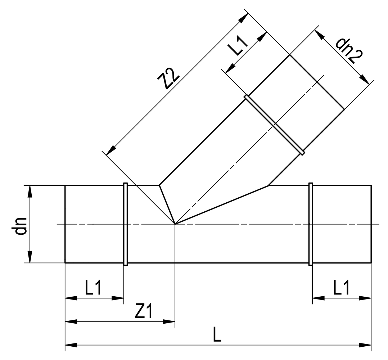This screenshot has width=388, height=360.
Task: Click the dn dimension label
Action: pyautogui.click(x=21, y=226)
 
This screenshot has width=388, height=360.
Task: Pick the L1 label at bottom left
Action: pyautogui.click(x=93, y=288)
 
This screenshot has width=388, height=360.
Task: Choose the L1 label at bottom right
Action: pyautogui.click(x=341, y=288)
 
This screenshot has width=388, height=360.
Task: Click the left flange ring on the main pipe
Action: pyautogui.click(x=125, y=224)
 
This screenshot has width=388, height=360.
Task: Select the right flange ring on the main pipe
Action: pyautogui.click(x=311, y=224)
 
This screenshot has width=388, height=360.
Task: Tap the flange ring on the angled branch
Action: pyautogui.click(x=275, y=125)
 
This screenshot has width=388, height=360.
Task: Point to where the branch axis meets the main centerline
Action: pyautogui.click(x=175, y=224)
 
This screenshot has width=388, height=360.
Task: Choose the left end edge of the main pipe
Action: pyautogui.click(x=65, y=224)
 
